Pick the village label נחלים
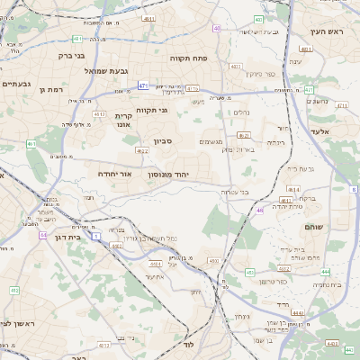[x=242, y=112]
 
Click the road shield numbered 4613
[x=99, y=114]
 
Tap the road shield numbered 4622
[x=143, y=151]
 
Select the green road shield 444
[x=325, y=271]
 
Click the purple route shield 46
[x=259, y=211]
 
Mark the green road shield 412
[x=14, y=290]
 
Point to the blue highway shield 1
[x=96, y=235]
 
